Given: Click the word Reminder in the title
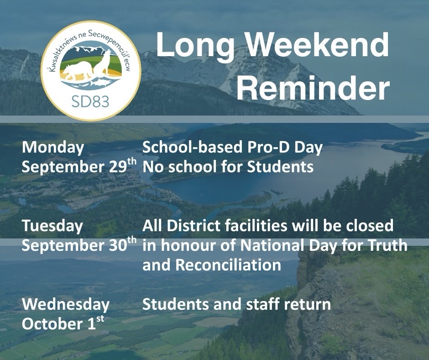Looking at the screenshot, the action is pos(313,88).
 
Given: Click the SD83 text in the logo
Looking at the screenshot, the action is pos(90,101).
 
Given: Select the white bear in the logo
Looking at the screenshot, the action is pos(78,70).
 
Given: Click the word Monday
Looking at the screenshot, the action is pos(53,148).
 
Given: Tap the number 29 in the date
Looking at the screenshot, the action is pos(118,167).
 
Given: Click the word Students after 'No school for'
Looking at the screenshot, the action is pos(280,167).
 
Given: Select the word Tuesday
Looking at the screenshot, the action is pos(52,226).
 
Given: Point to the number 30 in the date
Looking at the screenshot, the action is pos(118,245).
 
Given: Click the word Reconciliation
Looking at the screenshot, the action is pos(228,265).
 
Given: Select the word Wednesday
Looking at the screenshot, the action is pos(66,305).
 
